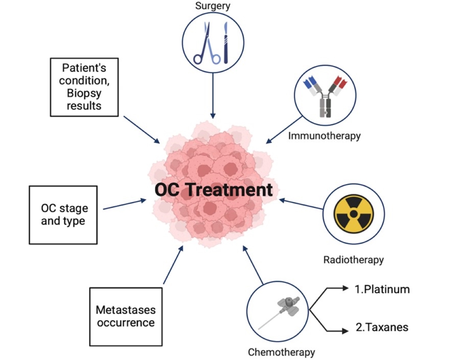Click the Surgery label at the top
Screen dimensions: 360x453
212,6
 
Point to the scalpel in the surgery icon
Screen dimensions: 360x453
225,43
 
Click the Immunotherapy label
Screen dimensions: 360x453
325,135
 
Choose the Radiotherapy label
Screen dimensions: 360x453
353,260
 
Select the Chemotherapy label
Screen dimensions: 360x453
281,352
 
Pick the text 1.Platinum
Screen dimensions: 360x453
382,289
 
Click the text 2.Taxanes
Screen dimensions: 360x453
381,327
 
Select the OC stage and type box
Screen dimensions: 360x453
63,214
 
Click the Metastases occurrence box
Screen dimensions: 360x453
125,316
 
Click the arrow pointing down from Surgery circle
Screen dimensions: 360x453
212,95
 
